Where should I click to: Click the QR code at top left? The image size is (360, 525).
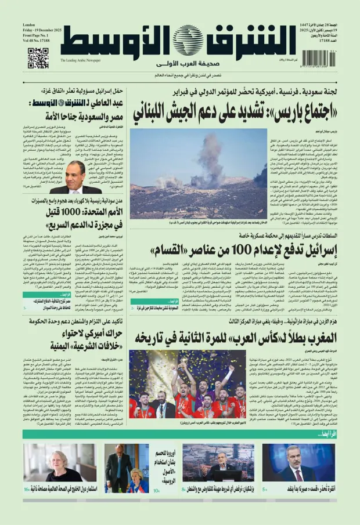click(38, 58)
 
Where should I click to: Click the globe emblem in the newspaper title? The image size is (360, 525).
click(188, 41)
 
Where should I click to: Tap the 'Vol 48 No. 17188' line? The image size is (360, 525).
click(37, 43)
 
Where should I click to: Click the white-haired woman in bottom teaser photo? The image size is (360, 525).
click(59, 461)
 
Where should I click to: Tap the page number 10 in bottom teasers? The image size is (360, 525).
click(156, 490)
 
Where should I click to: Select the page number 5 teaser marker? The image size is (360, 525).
click(265, 490)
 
